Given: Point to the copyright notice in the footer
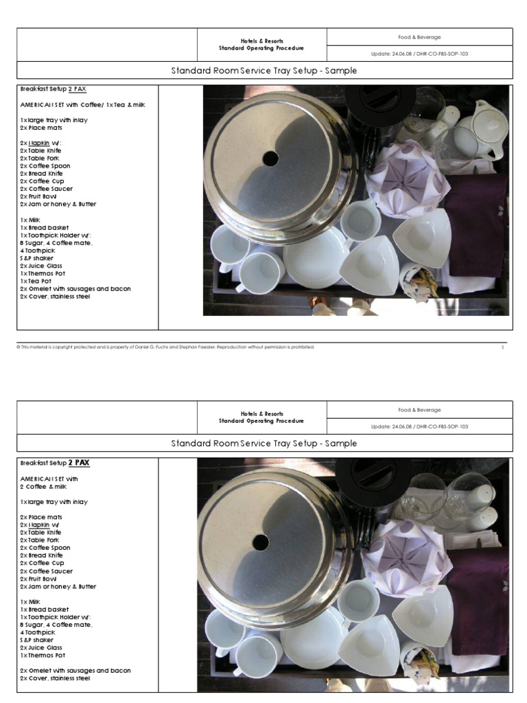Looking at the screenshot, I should [x=165, y=347].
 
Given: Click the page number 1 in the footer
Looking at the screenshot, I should [x=502, y=347].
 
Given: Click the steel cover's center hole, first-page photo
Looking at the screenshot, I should [x=270, y=159].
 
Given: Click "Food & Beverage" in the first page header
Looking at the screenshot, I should [x=419, y=36].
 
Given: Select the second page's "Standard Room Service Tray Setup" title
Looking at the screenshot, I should [x=263, y=443].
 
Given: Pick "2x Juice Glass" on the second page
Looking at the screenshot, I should [x=41, y=647].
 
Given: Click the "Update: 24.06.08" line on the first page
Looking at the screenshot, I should [x=419, y=54].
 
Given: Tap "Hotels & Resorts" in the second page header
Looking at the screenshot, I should [x=261, y=414].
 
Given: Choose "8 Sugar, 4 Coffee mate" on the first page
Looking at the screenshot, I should [x=56, y=243].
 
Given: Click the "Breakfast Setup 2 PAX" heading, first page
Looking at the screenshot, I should [x=54, y=89].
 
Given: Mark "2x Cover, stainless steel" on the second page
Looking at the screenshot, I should [x=55, y=678].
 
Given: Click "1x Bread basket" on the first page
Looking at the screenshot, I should [x=45, y=227].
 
